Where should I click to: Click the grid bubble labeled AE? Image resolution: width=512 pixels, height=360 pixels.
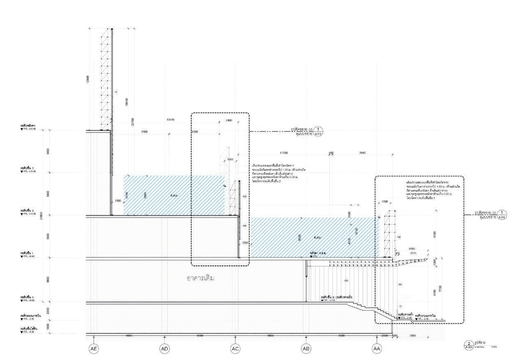(x=94, y=349)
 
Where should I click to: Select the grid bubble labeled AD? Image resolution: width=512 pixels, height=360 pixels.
(x=165, y=349)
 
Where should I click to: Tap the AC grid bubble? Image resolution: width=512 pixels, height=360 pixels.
(x=235, y=349)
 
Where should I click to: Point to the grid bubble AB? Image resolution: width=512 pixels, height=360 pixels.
(x=306, y=349)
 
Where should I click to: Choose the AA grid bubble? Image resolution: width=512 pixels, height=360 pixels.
(x=377, y=349)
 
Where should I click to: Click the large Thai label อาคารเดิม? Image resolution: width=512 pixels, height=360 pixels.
(x=201, y=278)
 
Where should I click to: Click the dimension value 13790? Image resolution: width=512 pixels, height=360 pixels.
(x=170, y=120)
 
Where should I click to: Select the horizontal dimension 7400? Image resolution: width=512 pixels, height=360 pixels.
(x=144, y=132)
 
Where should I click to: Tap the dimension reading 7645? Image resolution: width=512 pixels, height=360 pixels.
(x=363, y=153)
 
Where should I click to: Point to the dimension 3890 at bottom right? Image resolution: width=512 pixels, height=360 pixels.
(x=413, y=336)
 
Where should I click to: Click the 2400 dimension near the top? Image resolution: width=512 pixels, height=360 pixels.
(x=229, y=120)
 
